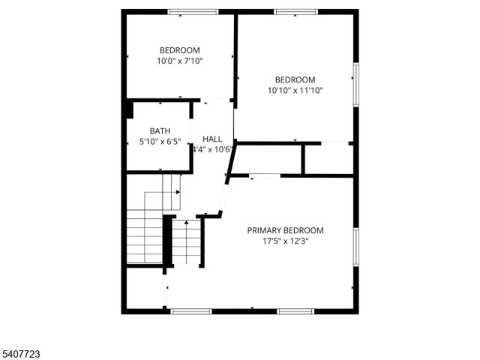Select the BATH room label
[160, 130]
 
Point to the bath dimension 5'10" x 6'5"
[160, 142]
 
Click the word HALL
[212, 139]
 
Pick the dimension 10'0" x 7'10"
[179, 61]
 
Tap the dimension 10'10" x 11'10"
[295, 91]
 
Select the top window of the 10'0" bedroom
[193, 12]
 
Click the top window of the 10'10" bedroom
[295, 12]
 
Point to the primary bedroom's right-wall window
[356, 247]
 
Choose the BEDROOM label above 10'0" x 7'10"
[179, 50]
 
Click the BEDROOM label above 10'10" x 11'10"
[295, 79]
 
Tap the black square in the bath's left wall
[129, 109]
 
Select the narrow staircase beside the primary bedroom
[187, 243]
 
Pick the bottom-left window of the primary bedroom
[192, 310]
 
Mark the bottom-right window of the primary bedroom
[295, 310]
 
